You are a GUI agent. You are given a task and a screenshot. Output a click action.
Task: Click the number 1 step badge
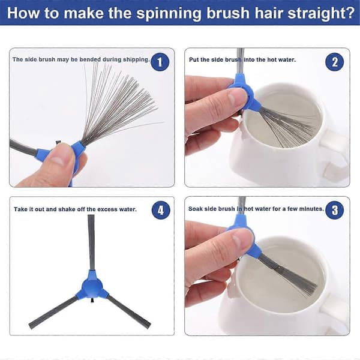(x=160, y=62)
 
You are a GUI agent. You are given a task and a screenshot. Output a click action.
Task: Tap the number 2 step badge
(x=335, y=62)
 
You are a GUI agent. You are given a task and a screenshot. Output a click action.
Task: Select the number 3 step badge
(x=335, y=210)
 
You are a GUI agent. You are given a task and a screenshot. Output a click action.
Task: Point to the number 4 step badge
(x=161, y=210)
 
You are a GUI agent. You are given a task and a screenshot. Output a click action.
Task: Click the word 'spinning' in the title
(x=169, y=14)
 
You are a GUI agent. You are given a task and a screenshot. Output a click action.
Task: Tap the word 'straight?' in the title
(x=322, y=14)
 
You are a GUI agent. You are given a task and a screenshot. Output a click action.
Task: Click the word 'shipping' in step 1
(x=136, y=59)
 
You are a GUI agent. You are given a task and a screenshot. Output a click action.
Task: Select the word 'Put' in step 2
(x=194, y=59)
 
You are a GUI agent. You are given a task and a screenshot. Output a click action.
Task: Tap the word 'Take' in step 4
(x=20, y=209)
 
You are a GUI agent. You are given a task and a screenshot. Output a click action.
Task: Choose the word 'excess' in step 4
(x=107, y=209)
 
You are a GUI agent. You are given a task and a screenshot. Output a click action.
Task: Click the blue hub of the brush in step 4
(x=92, y=286)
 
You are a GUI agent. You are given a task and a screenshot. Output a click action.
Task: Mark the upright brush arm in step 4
(x=91, y=242)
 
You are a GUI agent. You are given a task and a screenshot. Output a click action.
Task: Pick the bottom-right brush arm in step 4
(x=129, y=311)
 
